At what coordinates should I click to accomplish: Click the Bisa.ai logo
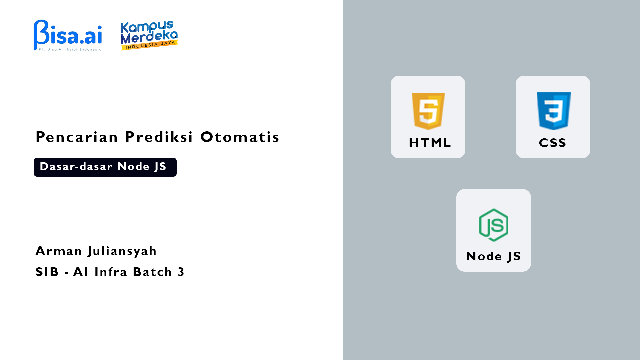point(68,35)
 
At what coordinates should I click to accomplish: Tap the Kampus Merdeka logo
point(149,35)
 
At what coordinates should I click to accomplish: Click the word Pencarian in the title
point(77,137)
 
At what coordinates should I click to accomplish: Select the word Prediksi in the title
point(159,137)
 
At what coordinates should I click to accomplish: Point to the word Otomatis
point(240,137)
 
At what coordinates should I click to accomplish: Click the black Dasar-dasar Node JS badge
point(105,167)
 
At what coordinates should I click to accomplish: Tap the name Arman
point(59,251)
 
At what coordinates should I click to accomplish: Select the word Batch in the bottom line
point(152,272)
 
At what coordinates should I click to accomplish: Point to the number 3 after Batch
point(181,272)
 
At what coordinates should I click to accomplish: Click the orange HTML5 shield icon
point(428,111)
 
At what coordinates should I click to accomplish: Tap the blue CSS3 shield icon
point(553,111)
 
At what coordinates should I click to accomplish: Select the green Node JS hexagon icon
point(494,225)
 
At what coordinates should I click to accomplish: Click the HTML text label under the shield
point(430,143)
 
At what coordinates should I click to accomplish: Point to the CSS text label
point(553,143)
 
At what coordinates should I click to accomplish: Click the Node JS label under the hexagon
point(493,256)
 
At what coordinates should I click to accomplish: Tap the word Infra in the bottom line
point(111,272)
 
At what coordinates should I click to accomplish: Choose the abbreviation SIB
point(47,272)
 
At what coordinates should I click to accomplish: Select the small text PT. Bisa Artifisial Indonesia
point(70,49)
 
